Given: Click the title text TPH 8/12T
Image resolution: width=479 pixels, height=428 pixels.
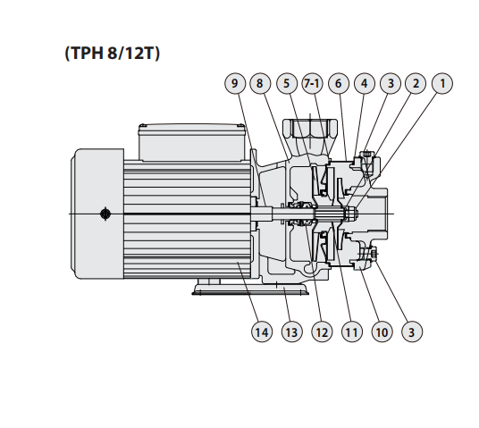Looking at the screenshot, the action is (112, 53).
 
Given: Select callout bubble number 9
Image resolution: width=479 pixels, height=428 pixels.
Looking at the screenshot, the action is (235, 83).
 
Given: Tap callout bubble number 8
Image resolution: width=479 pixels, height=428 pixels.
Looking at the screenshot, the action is (260, 83).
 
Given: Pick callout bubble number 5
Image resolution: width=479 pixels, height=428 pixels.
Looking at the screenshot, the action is (287, 83).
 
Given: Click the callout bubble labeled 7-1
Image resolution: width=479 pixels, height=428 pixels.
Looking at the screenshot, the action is (312, 83).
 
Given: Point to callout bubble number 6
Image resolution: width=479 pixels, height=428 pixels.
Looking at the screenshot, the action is (339, 83).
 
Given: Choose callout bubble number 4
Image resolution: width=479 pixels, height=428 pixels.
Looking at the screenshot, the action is (365, 83).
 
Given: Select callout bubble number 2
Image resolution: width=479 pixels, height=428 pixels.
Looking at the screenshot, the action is (416, 83).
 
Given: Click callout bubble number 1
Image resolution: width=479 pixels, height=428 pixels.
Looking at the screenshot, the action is (442, 83).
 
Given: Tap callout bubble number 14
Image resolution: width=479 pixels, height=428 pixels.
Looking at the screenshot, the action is (262, 331).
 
